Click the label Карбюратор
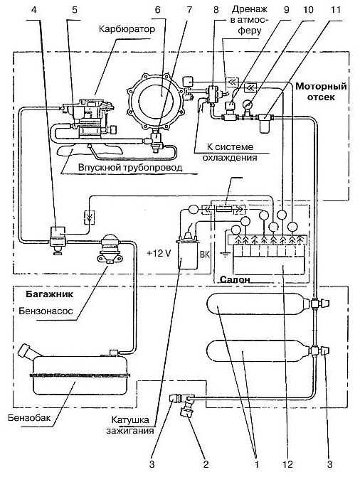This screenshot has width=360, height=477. point(127,30)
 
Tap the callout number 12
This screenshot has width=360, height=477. point(287,464)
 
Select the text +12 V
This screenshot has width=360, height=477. point(159,253)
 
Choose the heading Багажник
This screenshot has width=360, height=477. point(49,294)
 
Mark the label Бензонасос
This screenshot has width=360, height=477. point(46,311)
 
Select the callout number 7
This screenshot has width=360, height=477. point(189,10)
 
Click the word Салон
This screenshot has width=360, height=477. point(235,279)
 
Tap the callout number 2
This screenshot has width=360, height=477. point(206,464)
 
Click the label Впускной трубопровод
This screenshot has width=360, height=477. point(130,167)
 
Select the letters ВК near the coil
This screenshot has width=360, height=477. point(205,254)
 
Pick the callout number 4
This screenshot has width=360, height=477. point(34,10)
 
